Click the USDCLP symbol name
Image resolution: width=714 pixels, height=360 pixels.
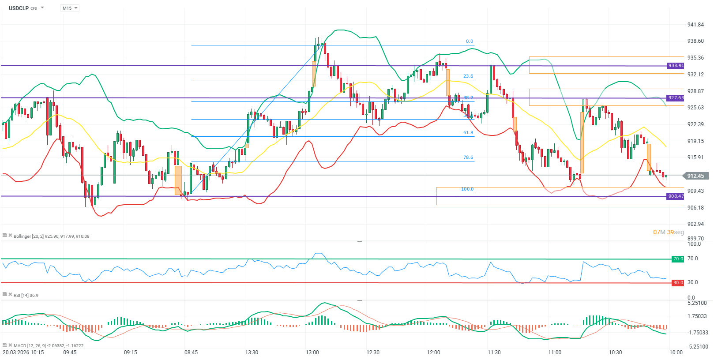pyautogui.click(x=19, y=8)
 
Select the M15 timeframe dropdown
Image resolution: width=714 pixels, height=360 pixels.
pyautogui.click(x=69, y=8)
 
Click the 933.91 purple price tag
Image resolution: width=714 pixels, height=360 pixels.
pyautogui.click(x=675, y=66)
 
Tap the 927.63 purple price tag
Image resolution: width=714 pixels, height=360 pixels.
pyautogui.click(x=675, y=98)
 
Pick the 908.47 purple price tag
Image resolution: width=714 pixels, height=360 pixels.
pyautogui.click(x=675, y=196)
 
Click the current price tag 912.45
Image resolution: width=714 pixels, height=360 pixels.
pyautogui.click(x=695, y=176)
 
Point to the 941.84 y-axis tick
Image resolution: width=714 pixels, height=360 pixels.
pyautogui.click(x=695, y=25)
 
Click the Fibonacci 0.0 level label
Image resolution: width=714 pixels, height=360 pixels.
pyautogui.click(x=469, y=41)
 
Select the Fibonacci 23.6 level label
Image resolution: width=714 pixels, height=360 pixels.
pyautogui.click(x=468, y=76)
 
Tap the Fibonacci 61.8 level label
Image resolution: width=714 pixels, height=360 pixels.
pyautogui.click(x=468, y=133)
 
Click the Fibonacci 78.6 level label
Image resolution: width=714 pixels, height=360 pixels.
pyautogui.click(x=468, y=157)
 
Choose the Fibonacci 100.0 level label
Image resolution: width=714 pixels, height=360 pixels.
pyautogui.click(x=467, y=189)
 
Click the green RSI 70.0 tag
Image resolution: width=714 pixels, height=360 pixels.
pyautogui.click(x=677, y=259)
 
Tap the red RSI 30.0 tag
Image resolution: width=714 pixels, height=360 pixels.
pyautogui.click(x=677, y=283)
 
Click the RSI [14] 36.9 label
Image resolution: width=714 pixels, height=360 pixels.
pyautogui.click(x=26, y=296)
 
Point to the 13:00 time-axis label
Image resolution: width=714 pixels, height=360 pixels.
pyautogui.click(x=312, y=352)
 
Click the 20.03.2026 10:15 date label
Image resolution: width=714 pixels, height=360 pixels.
pyautogui.click(x=23, y=352)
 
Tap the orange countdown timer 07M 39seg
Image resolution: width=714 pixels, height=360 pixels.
pyautogui.click(x=668, y=232)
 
